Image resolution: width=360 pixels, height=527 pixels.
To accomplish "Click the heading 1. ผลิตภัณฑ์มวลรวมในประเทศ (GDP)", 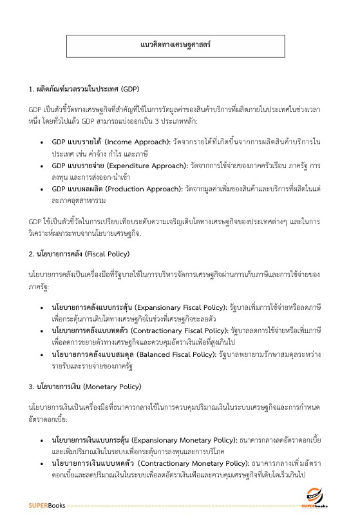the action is click(x=84, y=88).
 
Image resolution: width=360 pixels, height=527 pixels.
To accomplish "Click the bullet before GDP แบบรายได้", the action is click(x=42, y=122).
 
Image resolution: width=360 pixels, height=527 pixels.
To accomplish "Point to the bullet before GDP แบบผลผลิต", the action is click(x=42, y=171).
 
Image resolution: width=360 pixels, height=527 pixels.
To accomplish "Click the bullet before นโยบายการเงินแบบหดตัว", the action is click(x=42, y=463).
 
